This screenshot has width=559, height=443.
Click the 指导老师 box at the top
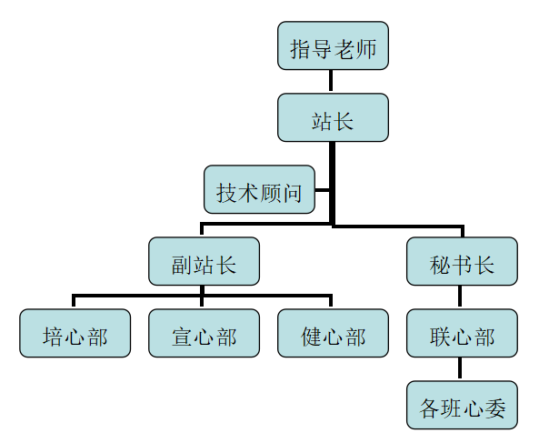(x=333, y=46)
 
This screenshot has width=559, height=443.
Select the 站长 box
(x=333, y=118)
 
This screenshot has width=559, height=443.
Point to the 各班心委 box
(x=462, y=406)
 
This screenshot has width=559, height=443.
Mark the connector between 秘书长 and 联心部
(x=462, y=297)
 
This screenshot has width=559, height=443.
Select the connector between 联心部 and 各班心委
(x=462, y=369)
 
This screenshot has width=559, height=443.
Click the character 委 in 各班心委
(x=494, y=407)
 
